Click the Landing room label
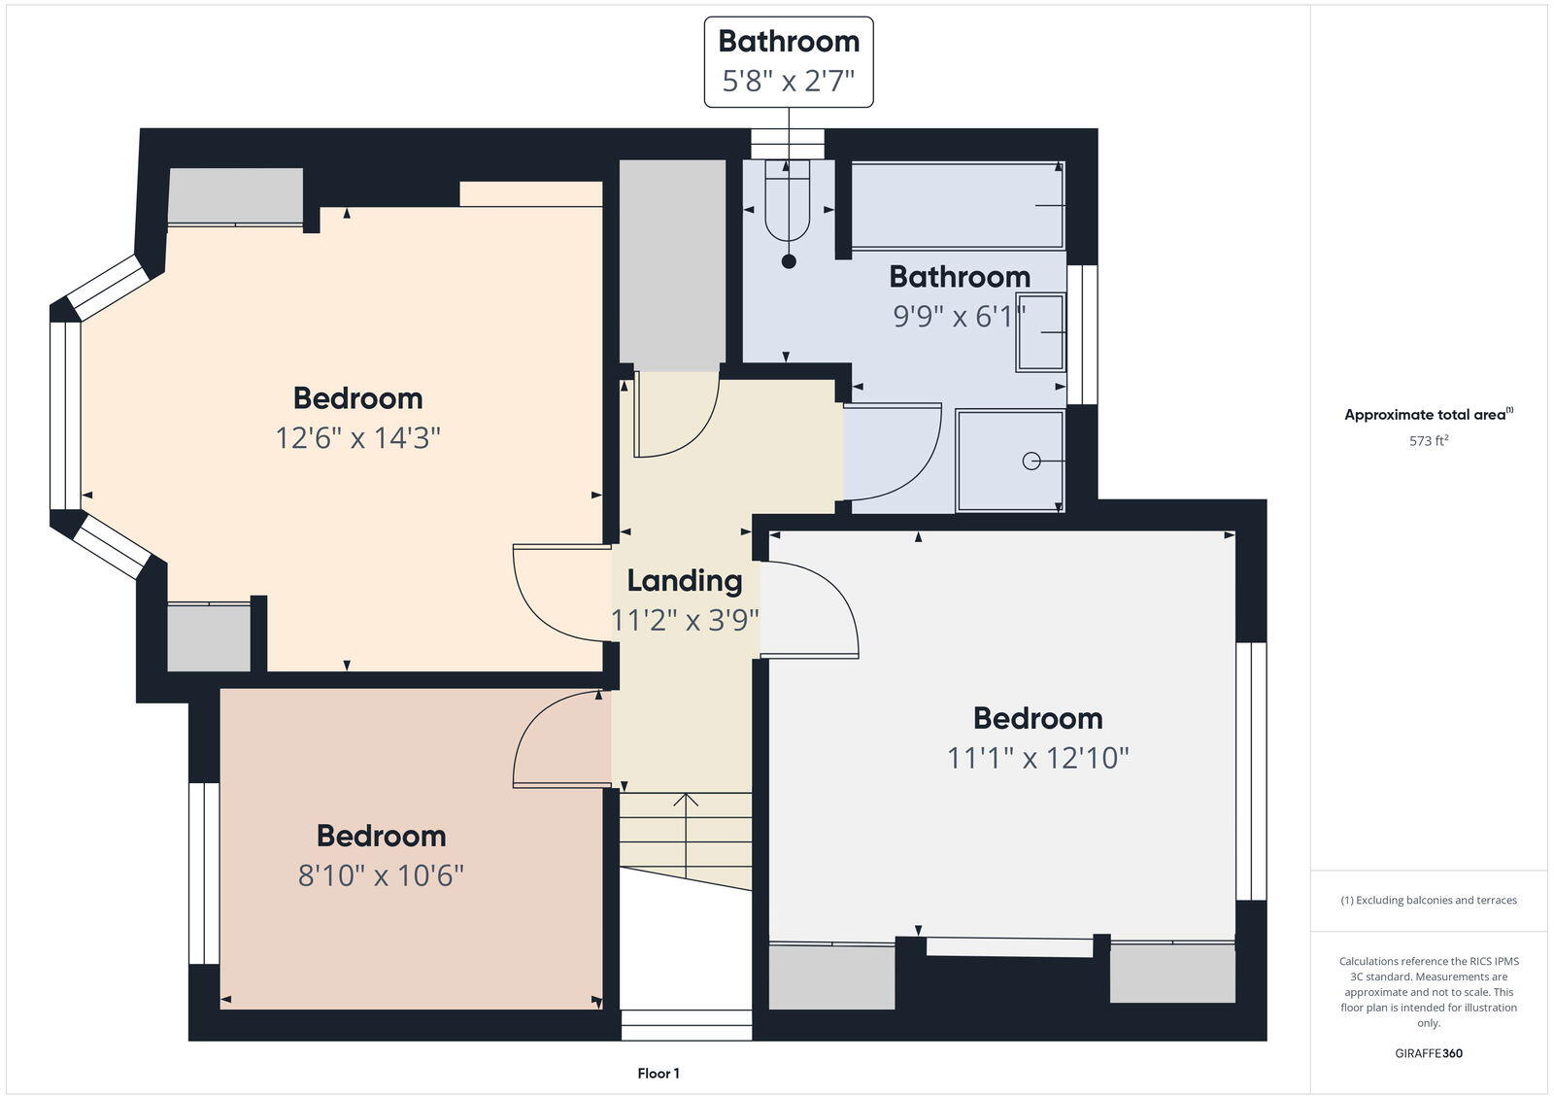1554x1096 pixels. [684, 581]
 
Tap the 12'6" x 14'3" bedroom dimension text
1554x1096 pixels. [357, 438]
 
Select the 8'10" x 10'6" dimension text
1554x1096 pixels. [381, 876]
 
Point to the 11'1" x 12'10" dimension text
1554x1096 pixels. [1037, 758]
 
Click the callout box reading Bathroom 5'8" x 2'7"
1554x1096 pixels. [788, 61]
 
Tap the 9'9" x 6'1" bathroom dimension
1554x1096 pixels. [959, 317]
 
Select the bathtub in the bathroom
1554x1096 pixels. [957, 206]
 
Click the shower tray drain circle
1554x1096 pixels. [1030, 462]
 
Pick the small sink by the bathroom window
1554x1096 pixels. [1040, 332]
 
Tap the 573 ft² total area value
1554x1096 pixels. [1428, 441]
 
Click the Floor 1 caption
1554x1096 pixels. [659, 1074]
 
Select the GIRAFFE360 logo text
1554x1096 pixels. [1428, 1053]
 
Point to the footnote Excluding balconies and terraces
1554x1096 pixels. [1428, 901]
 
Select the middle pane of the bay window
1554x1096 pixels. [65, 416]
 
